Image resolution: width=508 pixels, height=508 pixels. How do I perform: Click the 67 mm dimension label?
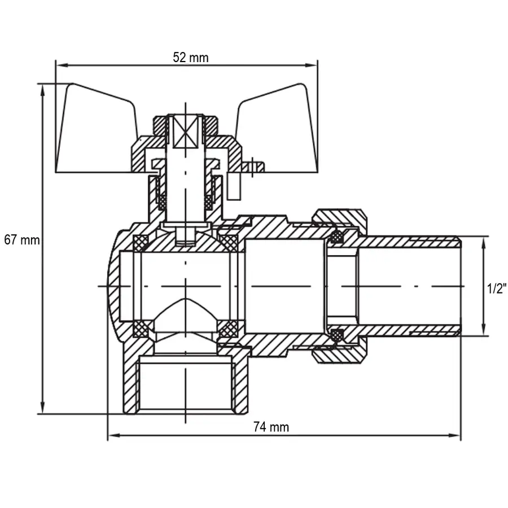click(x=22, y=239)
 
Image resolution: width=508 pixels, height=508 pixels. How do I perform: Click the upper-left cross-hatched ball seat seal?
click(x=140, y=243)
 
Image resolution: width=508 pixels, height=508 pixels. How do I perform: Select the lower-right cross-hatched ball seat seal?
click(x=228, y=329)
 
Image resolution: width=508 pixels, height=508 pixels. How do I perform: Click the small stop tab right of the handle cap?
click(x=254, y=166)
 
